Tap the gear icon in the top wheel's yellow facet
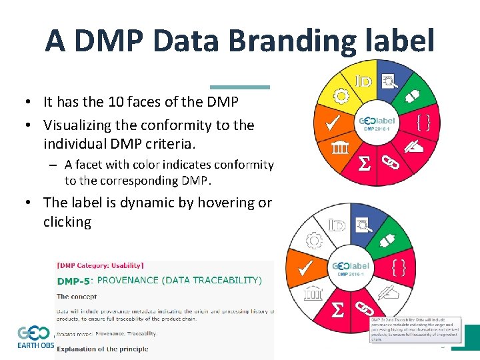click(x=341, y=97)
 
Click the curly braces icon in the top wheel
click(x=423, y=122)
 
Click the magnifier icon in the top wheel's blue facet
click(x=389, y=82)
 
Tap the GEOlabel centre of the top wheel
click(x=376, y=123)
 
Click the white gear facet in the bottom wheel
click(x=313, y=240)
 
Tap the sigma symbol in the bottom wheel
click(x=339, y=308)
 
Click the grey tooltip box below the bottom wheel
click(x=415, y=329)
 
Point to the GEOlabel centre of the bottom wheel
click(x=350, y=268)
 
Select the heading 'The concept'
click(x=76, y=297)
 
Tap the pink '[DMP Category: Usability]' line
click(x=100, y=266)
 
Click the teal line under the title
click(x=240, y=87)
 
